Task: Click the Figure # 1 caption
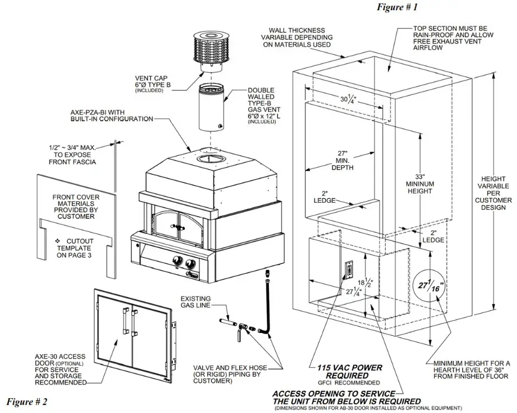[x=397, y=7]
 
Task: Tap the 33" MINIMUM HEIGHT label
[x=420, y=184]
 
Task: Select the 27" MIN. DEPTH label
[x=342, y=161]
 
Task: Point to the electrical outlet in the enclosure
[x=348, y=268]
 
